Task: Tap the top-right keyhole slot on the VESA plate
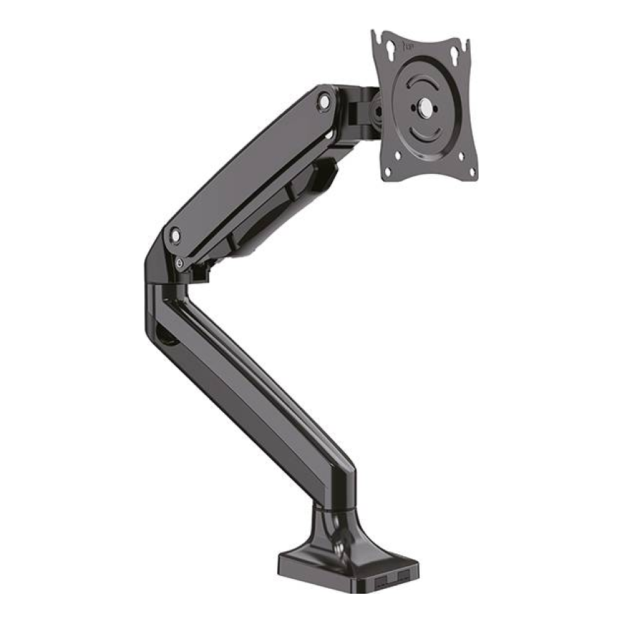pos(464,49)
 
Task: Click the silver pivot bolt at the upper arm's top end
pos(324,101)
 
